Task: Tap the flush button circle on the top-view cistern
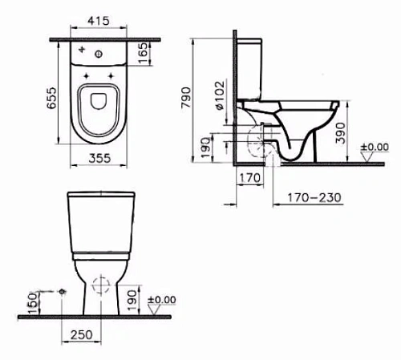point(97,55)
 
